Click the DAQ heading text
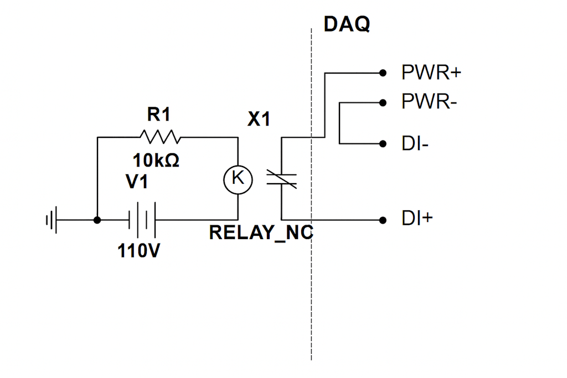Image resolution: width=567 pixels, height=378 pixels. point(347,24)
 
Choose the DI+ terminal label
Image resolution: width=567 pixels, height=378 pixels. point(416,219)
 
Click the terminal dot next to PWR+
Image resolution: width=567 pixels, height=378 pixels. point(383,73)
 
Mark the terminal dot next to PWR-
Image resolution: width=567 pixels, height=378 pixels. point(383,102)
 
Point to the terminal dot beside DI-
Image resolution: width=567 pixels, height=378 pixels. point(383,144)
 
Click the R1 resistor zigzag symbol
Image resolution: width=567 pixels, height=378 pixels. point(160,137)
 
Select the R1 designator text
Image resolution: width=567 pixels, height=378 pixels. point(159,115)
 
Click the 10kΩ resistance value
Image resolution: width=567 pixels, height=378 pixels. point(156,161)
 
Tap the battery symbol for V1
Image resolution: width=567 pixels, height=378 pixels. point(142,220)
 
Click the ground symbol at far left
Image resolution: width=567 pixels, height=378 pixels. point(51,220)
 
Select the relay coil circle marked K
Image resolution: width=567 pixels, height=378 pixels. point(238,178)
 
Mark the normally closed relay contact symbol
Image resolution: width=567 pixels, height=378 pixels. point(282,178)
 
